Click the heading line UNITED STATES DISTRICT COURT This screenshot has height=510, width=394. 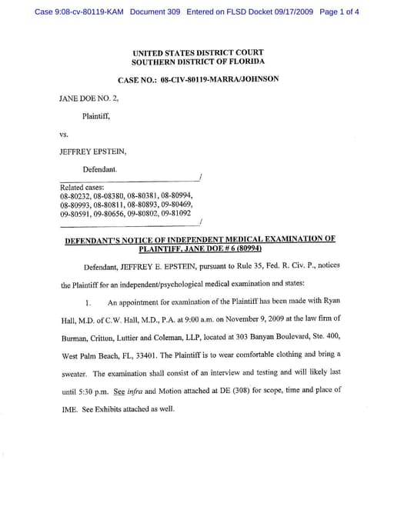[x=198, y=52]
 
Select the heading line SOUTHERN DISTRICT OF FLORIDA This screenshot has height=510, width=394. [x=198, y=62]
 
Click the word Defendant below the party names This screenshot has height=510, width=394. [x=100, y=168]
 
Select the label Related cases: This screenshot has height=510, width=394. [x=82, y=188]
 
